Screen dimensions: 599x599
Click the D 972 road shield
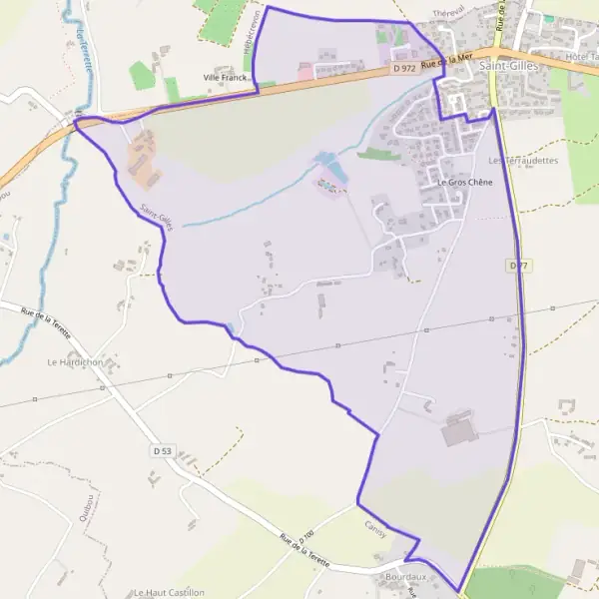coord(403,68)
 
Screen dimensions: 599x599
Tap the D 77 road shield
coord(516,266)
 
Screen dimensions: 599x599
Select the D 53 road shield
coord(163,452)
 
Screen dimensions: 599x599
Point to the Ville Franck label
coord(225,77)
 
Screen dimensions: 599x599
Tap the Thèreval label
coord(450,12)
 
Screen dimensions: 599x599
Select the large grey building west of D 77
coord(460,432)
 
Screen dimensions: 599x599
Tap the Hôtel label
coord(580,57)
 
